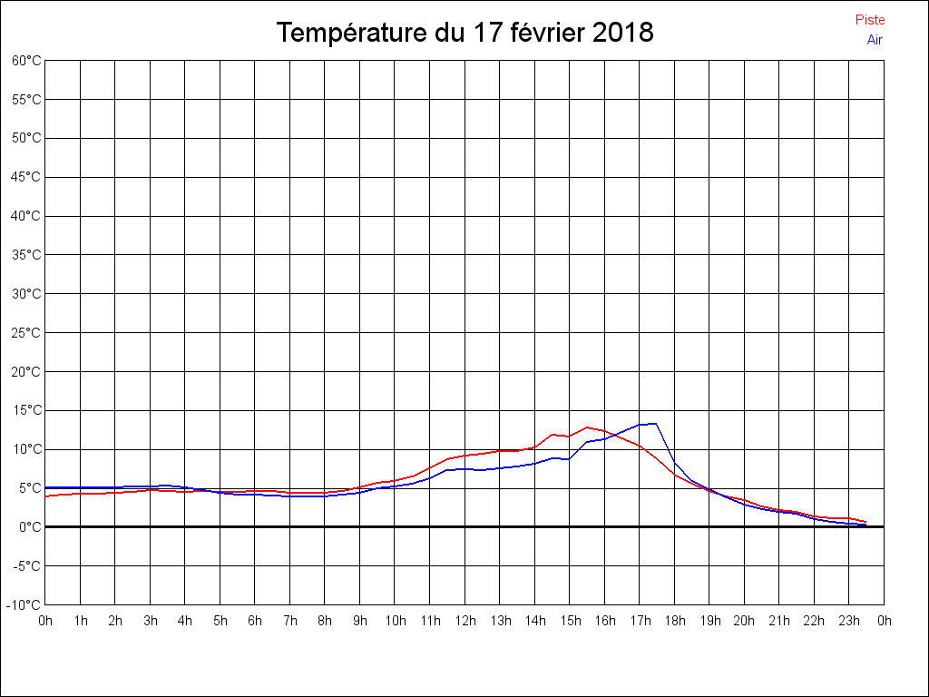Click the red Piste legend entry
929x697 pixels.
869,20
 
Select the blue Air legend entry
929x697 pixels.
875,39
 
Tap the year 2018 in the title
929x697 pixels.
621,33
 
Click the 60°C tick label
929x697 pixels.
26,61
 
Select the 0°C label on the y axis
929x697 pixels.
30,526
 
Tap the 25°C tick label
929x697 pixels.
26,332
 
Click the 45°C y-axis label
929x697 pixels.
26,177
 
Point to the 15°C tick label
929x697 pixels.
26,410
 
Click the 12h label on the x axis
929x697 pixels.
464,621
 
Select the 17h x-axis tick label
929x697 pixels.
640,621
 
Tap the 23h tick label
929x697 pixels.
849,621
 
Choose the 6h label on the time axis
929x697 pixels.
255,621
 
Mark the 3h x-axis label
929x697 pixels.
151,621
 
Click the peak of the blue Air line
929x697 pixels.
655,424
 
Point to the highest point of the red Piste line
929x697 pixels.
588,427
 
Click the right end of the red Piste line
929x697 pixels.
866,522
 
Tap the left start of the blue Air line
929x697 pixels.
45,487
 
